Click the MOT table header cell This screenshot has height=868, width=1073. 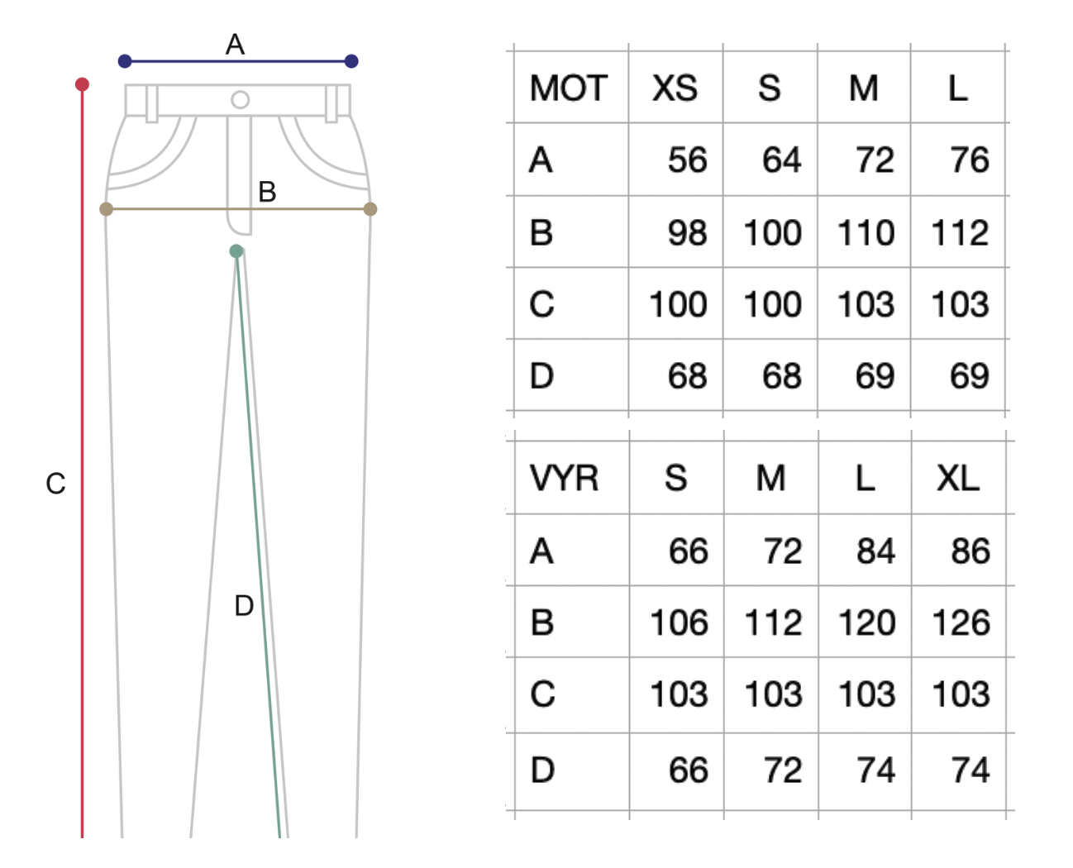click(x=568, y=88)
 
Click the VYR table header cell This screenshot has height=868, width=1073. click(x=564, y=479)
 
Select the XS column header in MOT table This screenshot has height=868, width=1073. click(x=675, y=88)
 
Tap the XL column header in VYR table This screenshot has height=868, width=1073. click(x=958, y=479)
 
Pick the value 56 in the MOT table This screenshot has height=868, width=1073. click(x=687, y=160)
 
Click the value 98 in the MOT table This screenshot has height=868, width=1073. click(x=687, y=233)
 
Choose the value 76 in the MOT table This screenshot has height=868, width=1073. click(x=969, y=160)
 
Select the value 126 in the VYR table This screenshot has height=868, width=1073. click(x=961, y=622)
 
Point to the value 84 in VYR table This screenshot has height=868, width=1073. click(x=875, y=551)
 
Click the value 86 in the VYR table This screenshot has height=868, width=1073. click(x=970, y=551)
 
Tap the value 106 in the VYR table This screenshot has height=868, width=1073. click(x=679, y=622)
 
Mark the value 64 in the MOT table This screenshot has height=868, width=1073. click(x=781, y=160)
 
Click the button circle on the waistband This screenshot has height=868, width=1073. click(x=241, y=100)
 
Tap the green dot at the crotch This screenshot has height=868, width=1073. click(x=236, y=251)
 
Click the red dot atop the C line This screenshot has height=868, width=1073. click(x=82, y=84)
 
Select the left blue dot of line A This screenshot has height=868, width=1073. click(x=125, y=61)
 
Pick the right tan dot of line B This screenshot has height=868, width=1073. click(x=370, y=209)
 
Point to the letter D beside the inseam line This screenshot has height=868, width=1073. click(x=244, y=606)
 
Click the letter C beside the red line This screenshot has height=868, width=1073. click(x=55, y=484)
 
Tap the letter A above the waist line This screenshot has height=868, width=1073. click(x=235, y=45)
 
